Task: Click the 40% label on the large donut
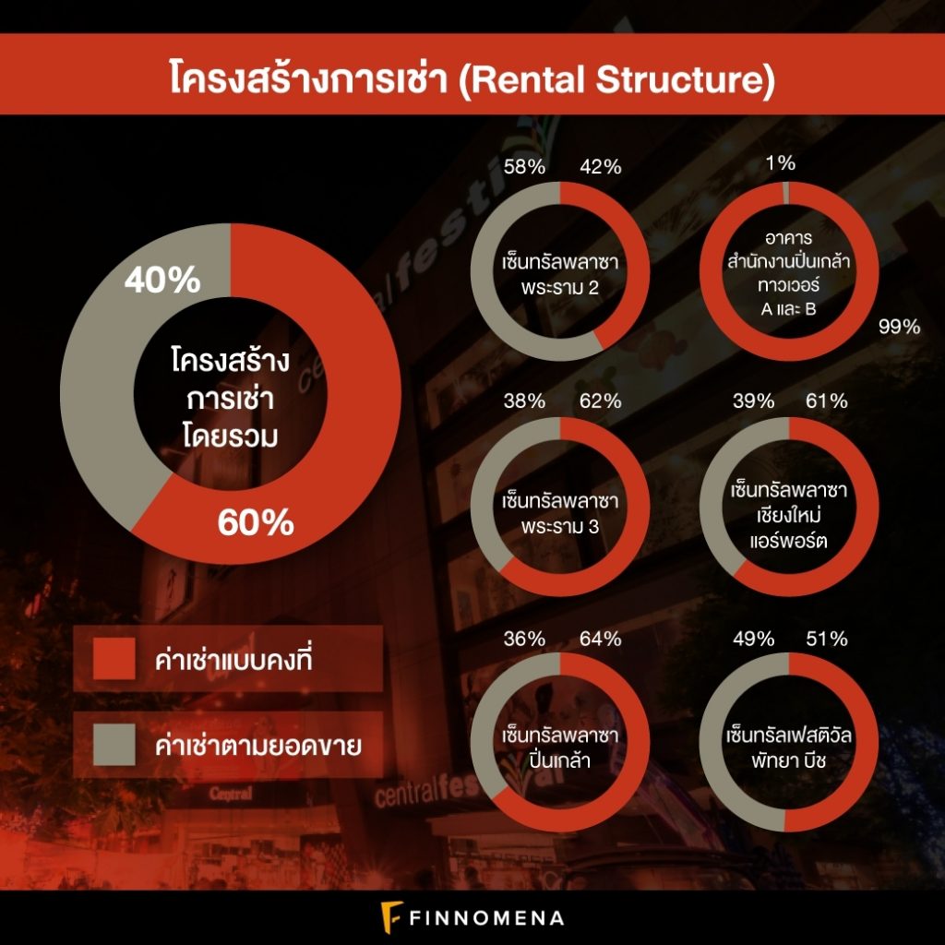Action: pos(162,281)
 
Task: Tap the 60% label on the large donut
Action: pos(256,522)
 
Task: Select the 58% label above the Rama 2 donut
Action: pos(524,166)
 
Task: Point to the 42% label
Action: pos(600,166)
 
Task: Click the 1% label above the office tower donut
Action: pos(781,162)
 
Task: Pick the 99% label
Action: pos(899,327)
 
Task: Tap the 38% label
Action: pos(524,401)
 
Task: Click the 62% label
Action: pos(600,401)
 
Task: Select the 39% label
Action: pos(753,401)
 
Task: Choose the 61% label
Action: pos(826,401)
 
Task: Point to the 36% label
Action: pos(524,639)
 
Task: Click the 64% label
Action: pos(600,639)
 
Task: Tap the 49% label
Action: pos(753,639)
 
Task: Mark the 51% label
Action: pos(826,639)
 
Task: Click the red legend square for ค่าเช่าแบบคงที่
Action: pos(114,659)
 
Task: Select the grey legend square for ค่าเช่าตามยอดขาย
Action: pos(114,745)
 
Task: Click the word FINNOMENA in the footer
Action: pos(487,918)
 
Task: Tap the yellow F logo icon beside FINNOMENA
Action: pos(391,917)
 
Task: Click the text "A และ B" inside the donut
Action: pos(788,309)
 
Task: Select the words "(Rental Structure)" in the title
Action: pos(616,80)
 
